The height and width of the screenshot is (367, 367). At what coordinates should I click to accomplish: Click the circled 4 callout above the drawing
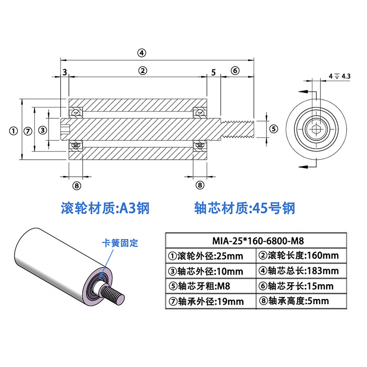(x=142, y=53)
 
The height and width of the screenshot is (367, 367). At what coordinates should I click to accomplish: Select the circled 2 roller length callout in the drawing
(x=143, y=71)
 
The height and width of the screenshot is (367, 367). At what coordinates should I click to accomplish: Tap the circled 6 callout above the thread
(x=235, y=71)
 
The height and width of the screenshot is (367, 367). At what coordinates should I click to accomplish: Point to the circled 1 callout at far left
(x=13, y=131)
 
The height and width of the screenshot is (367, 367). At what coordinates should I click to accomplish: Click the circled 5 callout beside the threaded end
(x=273, y=129)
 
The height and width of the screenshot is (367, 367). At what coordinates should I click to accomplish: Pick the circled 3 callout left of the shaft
(x=43, y=130)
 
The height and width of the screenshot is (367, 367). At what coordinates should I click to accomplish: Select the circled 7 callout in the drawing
(x=28, y=131)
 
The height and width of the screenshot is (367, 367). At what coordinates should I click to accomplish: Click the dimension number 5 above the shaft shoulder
(x=213, y=72)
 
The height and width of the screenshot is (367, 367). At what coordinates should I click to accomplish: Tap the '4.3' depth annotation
(x=346, y=76)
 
